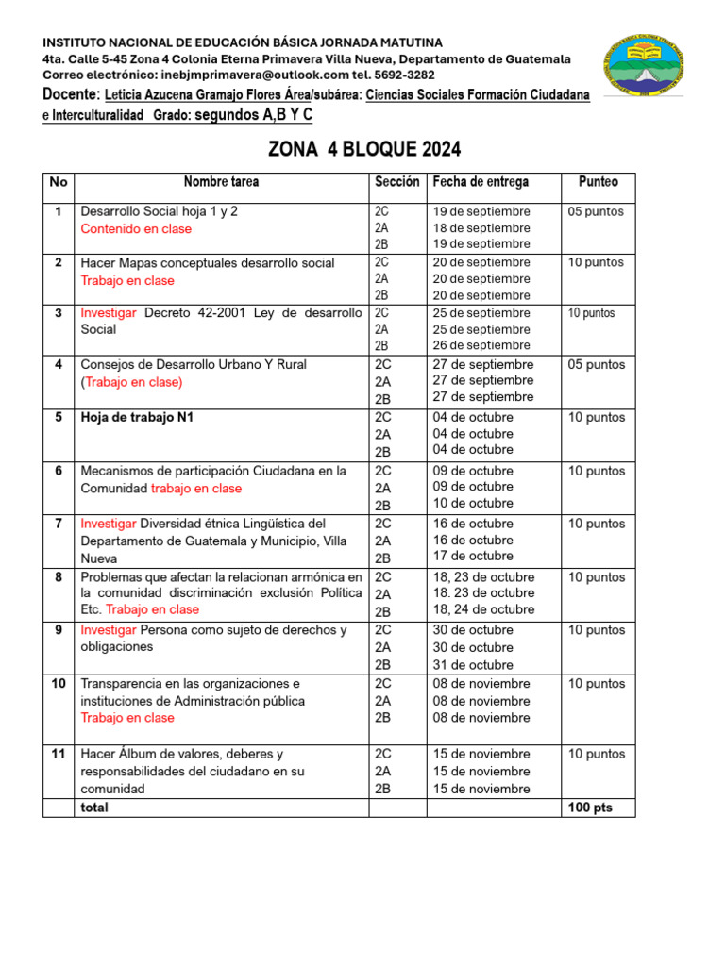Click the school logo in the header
point(655,68)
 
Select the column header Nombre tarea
point(221,182)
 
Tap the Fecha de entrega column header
point(481,182)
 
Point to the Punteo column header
point(598,182)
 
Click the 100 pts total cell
point(590,808)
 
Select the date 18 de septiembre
point(481,227)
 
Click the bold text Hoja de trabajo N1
point(137,417)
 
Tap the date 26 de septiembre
point(481,345)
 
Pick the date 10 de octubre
point(473,504)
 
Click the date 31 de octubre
point(473,664)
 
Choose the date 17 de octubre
point(473,557)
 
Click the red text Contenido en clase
point(136,228)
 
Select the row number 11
point(59,754)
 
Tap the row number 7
point(59,524)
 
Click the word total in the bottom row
point(94,808)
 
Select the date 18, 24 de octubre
point(483,609)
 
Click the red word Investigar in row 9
point(109,630)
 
